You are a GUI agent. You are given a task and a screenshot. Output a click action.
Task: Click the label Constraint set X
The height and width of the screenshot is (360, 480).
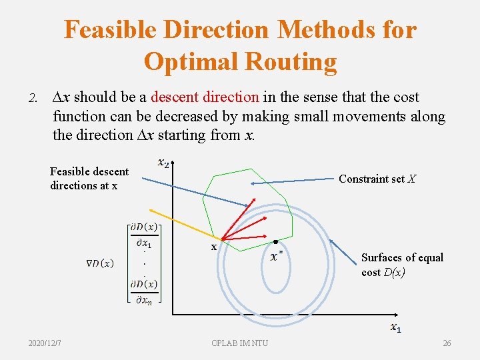377,179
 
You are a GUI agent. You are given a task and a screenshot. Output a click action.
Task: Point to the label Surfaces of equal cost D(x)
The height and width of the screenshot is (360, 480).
402,265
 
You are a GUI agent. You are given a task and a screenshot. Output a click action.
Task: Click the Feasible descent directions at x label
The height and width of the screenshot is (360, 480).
89,179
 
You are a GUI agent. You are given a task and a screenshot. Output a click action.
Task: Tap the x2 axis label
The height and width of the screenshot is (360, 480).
163,162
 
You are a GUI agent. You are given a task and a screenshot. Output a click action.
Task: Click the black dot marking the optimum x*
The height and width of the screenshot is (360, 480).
275,241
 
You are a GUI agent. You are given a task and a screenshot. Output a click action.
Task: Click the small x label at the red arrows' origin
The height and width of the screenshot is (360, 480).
213,247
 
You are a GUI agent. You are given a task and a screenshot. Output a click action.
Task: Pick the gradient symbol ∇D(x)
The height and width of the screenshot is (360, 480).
98,263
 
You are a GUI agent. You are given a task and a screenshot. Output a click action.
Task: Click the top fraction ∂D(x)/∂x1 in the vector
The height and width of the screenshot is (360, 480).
143,235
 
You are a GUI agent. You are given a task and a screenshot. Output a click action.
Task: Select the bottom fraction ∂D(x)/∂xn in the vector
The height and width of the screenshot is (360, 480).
143,292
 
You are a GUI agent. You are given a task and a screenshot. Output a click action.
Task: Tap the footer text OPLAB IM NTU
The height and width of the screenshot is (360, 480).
239,343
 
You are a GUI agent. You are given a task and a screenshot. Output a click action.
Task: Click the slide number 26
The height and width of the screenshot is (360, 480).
446,343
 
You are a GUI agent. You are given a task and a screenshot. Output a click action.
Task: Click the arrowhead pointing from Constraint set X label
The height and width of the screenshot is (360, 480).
253,183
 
